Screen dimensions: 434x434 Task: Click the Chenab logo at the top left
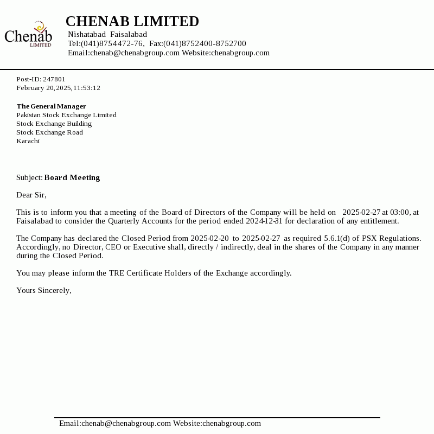point(28,34)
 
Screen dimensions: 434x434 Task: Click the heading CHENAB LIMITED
point(132,22)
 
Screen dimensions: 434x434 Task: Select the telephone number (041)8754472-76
point(112,43)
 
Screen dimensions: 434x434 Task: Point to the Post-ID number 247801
point(54,79)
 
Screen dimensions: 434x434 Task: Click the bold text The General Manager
point(52,106)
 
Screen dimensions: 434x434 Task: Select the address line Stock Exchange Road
point(49,132)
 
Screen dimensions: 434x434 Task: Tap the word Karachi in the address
point(28,141)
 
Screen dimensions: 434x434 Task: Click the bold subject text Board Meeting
point(72,177)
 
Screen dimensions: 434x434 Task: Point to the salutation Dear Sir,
point(31,195)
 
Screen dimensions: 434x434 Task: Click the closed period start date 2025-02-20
point(209,238)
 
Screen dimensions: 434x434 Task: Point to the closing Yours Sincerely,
point(44,290)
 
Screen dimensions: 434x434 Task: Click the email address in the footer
point(115,423)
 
